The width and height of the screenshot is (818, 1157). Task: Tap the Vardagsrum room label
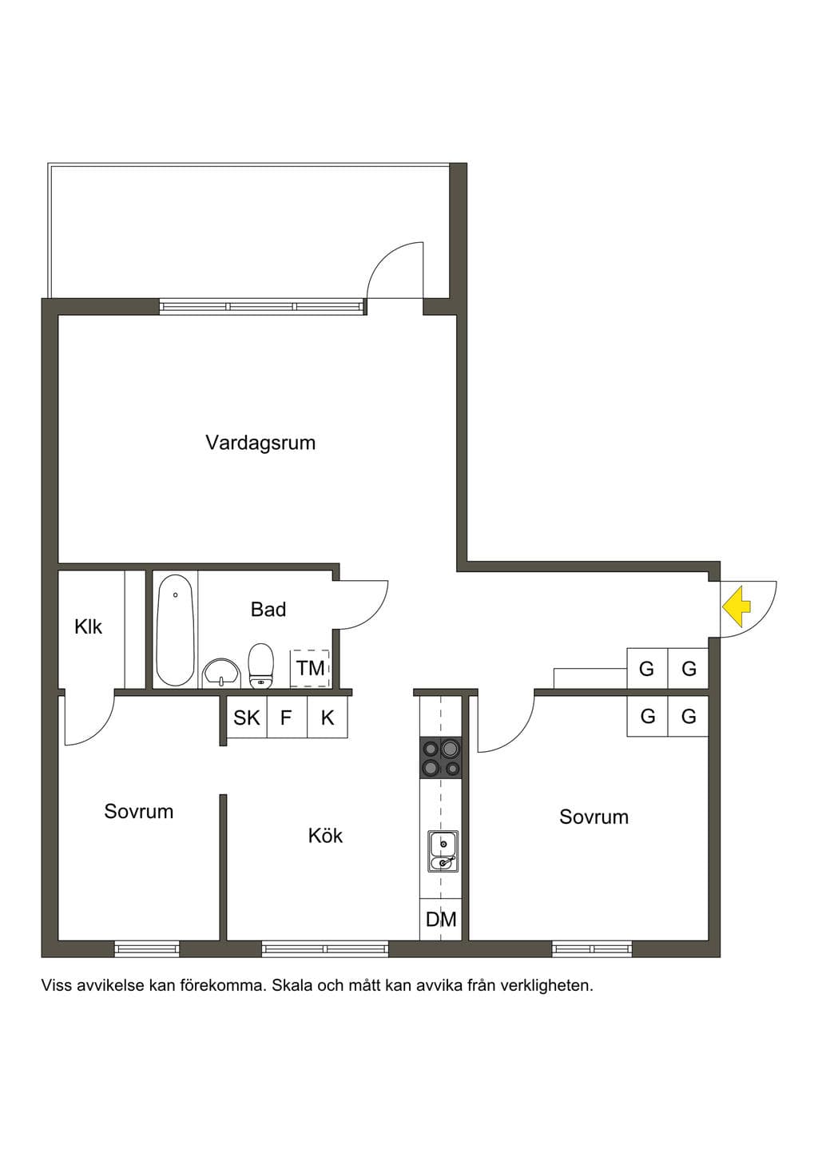click(x=260, y=443)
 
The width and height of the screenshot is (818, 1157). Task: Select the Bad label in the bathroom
click(x=268, y=610)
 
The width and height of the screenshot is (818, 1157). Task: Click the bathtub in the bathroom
click(x=176, y=630)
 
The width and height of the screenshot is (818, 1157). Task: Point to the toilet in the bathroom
click(x=260, y=666)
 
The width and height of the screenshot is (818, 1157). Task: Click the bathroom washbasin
click(x=221, y=673)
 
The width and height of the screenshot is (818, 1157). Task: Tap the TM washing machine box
click(x=310, y=668)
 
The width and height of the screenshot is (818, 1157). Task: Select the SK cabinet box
click(x=247, y=718)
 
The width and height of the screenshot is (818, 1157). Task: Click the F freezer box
click(x=287, y=718)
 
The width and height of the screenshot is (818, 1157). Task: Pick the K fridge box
click(x=328, y=718)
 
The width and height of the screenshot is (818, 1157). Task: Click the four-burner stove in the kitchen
click(x=440, y=757)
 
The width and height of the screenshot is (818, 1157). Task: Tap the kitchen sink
click(x=443, y=851)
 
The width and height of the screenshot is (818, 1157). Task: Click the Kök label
click(x=325, y=836)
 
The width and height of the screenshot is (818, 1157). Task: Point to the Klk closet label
click(x=89, y=627)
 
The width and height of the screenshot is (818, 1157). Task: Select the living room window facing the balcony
click(x=262, y=306)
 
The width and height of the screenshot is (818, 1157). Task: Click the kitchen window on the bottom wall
click(x=325, y=948)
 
